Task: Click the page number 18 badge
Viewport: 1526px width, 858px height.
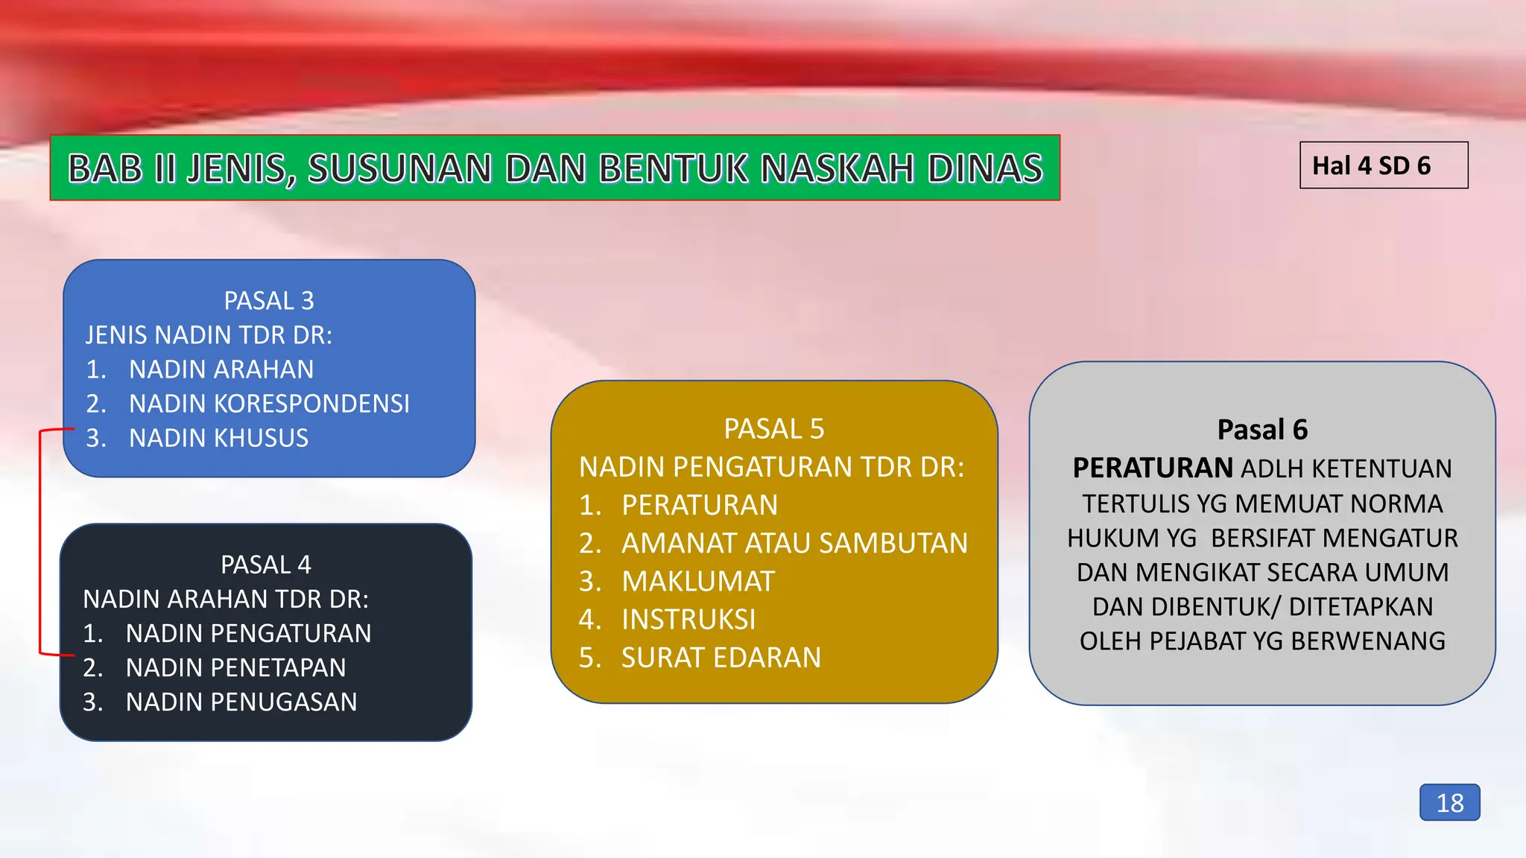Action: (x=1449, y=803)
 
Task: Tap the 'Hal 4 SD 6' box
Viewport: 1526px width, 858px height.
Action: (x=1383, y=165)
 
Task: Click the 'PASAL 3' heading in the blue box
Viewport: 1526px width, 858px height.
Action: (x=269, y=301)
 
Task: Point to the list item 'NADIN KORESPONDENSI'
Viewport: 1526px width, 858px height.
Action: (x=269, y=404)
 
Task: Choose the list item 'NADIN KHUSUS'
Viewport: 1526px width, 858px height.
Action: (x=218, y=438)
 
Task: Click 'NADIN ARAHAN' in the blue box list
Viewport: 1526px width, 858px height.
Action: (x=221, y=369)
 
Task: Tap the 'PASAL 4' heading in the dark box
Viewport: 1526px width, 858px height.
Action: (x=266, y=565)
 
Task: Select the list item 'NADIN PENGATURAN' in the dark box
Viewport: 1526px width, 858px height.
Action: (x=248, y=633)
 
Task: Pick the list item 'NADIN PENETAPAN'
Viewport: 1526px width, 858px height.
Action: (x=235, y=667)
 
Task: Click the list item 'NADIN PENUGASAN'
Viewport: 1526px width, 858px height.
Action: (x=241, y=702)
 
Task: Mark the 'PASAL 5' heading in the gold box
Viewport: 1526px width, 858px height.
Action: (x=774, y=429)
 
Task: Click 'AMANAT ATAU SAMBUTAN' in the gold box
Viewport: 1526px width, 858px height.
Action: (x=794, y=543)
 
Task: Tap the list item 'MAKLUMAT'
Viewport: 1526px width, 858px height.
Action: (x=698, y=582)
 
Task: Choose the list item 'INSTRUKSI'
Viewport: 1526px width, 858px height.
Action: (x=688, y=620)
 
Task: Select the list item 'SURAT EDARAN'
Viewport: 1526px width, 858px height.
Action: (x=721, y=658)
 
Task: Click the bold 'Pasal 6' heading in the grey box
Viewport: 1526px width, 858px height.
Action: (x=1262, y=430)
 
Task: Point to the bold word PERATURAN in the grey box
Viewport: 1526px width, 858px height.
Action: (x=1153, y=468)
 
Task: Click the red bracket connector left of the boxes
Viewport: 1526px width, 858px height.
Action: (x=40, y=542)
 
